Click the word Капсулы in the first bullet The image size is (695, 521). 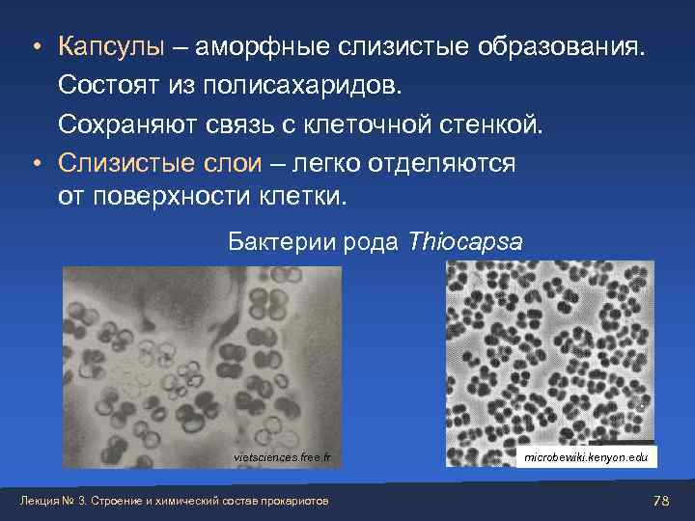(x=111, y=47)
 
